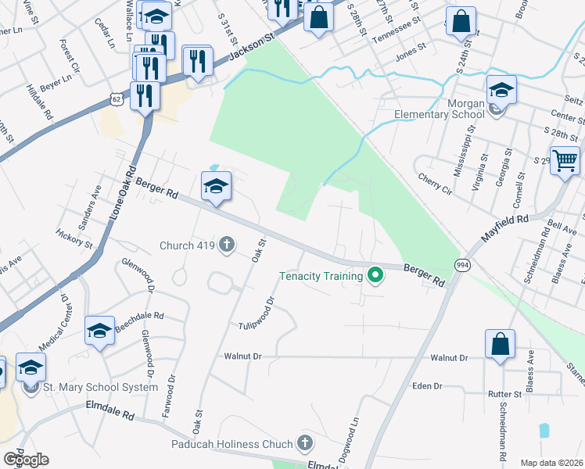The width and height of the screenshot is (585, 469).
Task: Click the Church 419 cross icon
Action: coord(227,245)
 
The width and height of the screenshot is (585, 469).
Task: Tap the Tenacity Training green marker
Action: coord(375,275)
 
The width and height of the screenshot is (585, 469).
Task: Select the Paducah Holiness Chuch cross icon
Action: coord(305,444)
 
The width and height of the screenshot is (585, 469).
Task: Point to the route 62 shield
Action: coord(117,99)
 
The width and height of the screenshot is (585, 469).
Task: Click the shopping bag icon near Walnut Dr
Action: coord(500,344)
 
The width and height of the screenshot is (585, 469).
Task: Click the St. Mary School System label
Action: coord(101,387)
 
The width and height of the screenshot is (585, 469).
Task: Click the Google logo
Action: coord(26,460)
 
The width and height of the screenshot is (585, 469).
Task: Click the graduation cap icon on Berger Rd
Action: coord(216,185)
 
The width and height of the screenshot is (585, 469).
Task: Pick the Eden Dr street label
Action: coord(427,386)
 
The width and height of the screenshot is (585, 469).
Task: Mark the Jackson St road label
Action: coord(249,47)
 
